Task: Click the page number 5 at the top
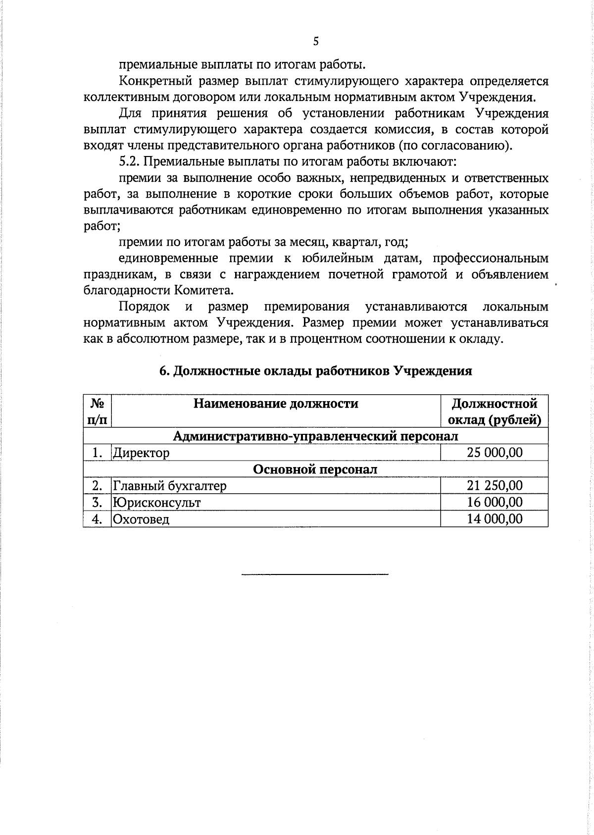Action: point(316,42)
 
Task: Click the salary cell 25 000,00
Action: point(494,452)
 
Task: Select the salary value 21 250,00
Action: point(494,485)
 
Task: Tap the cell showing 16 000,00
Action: point(494,502)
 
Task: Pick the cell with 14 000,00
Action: point(494,519)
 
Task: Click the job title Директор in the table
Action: point(141,453)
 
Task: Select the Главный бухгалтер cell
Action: point(169,486)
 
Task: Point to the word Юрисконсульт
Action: point(156,503)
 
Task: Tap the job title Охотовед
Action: point(141,520)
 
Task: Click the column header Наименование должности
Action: point(276,404)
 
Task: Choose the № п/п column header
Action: point(97,411)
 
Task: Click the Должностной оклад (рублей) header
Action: point(494,412)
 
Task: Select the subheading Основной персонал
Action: point(315,469)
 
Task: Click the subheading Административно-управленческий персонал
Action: point(315,436)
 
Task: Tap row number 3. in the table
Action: point(97,503)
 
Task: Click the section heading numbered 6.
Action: point(315,371)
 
